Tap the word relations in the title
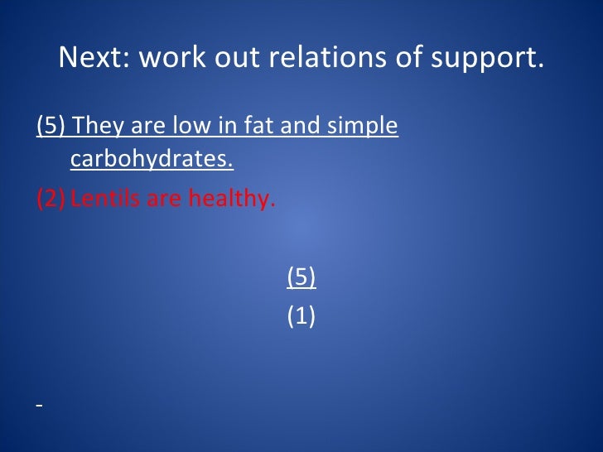(327, 57)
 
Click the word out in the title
(237, 58)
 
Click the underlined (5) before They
(51, 125)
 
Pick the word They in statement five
(99, 125)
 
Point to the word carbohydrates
(152, 158)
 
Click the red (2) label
(51, 199)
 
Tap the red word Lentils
(105, 199)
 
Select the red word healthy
(232, 199)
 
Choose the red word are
(164, 200)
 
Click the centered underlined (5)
(301, 276)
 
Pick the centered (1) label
(301, 316)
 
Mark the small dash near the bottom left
(39, 404)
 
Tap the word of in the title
(408, 57)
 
